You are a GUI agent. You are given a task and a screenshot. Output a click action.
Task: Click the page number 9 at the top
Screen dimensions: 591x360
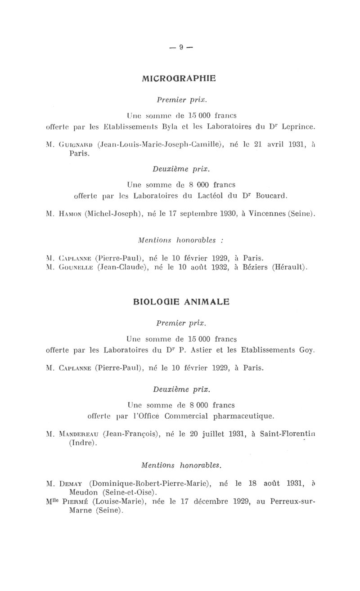pyautogui.click(x=180, y=46)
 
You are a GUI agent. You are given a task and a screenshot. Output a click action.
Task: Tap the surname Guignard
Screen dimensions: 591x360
pyautogui.click(x=73, y=144)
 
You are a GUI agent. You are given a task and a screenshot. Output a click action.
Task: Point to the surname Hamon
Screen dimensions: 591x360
pyautogui.click(x=69, y=214)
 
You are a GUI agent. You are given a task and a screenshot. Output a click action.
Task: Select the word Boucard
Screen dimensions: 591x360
pyautogui.click(x=268, y=196)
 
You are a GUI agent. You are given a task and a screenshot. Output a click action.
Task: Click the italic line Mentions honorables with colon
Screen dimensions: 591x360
pyautogui.click(x=181, y=240)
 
